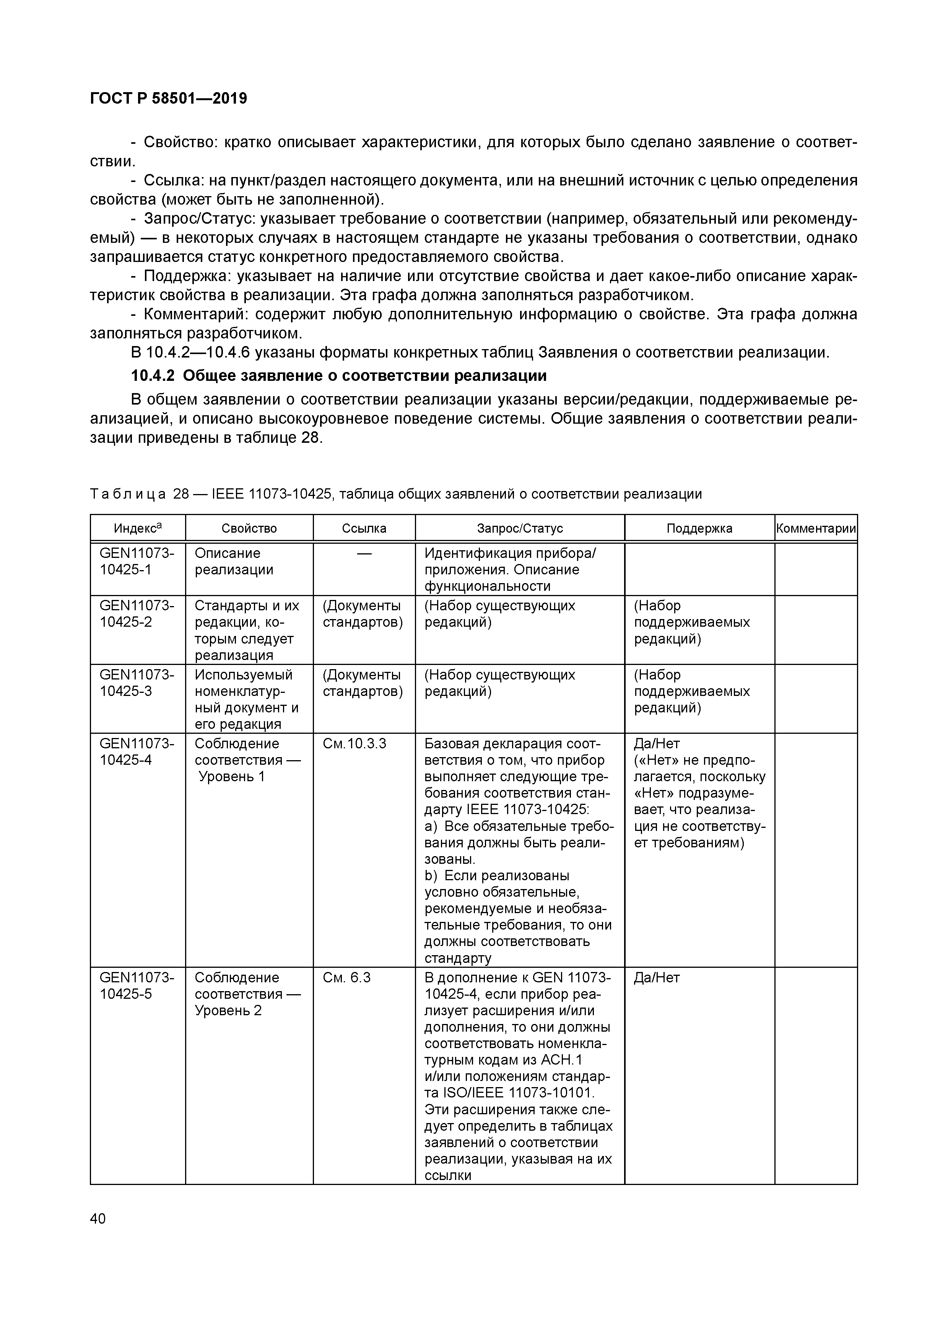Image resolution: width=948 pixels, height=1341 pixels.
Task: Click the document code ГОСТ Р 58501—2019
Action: coord(168,99)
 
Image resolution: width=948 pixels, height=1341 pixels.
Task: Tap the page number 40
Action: coord(98,1219)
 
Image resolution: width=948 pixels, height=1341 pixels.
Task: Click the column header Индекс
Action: coord(137,528)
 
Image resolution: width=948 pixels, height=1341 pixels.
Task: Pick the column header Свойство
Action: coord(249,528)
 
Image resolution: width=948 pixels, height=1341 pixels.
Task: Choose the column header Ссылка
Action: coord(364,528)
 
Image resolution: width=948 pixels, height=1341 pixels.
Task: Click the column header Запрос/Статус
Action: coord(519,528)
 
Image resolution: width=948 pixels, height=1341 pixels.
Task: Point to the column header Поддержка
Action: coord(699,528)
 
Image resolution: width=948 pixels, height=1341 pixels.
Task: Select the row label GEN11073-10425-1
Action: coord(137,561)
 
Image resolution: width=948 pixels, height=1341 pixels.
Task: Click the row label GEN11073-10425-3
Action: coord(137,683)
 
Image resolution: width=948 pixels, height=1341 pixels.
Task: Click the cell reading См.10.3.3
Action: coord(354,744)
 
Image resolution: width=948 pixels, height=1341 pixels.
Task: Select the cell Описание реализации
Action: coord(234,561)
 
